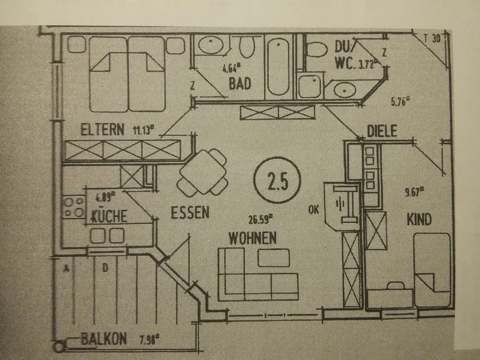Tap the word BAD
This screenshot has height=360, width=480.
point(240,84)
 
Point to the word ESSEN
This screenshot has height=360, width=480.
point(191,213)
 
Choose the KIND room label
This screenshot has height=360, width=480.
point(419,220)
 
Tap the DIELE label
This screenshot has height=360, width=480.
point(382,131)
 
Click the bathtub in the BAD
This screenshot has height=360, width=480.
point(278,67)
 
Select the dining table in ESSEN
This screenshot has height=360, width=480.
point(203,172)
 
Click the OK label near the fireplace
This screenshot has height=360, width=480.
point(314,210)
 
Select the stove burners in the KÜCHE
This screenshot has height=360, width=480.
point(73,207)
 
